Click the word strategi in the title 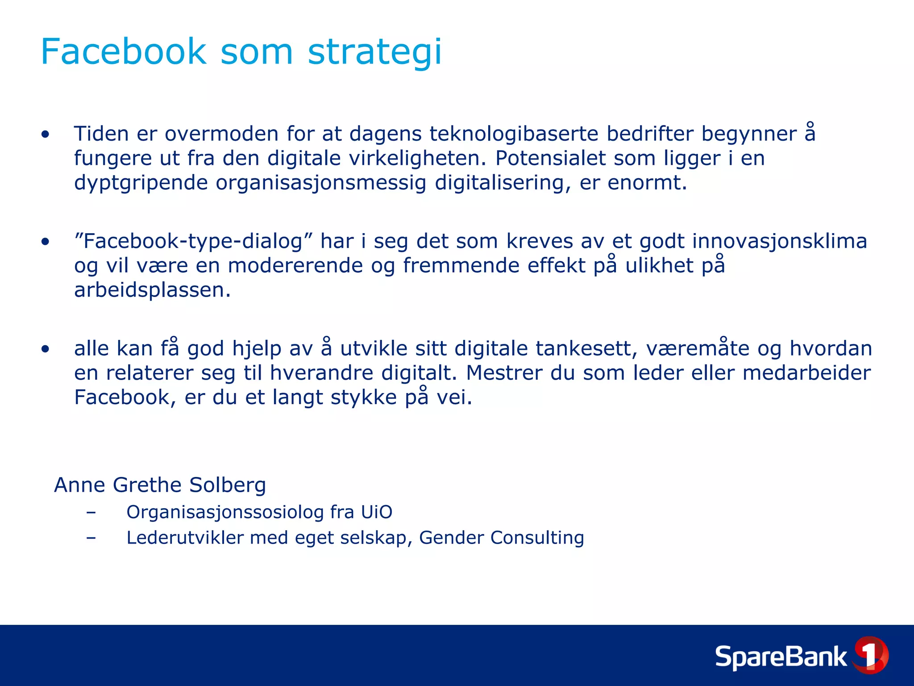(x=374, y=52)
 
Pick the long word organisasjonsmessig (x=321, y=183)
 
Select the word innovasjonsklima (x=779, y=241)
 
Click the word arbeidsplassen (x=152, y=290)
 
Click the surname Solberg (x=227, y=485)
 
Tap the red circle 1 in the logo (x=870, y=655)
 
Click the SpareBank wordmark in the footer (x=781, y=657)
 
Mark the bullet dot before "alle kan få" (x=45, y=349)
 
